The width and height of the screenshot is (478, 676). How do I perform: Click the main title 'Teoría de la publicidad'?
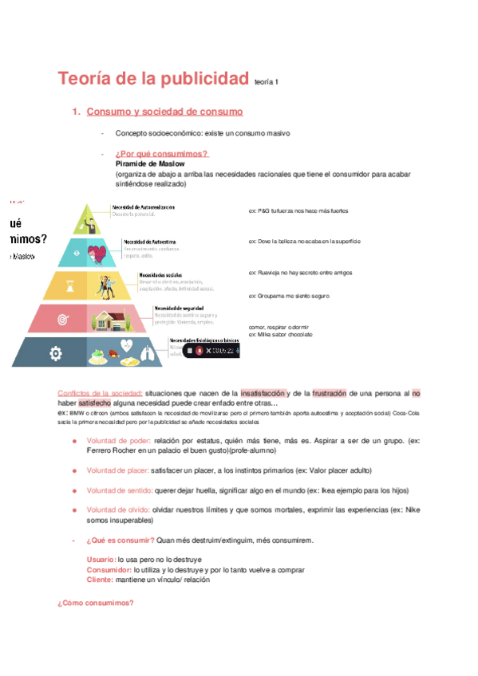[x=153, y=79]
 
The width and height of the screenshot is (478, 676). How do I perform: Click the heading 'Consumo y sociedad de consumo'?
[x=164, y=112]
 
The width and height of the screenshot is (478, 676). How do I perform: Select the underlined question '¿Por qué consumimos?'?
[x=161, y=154]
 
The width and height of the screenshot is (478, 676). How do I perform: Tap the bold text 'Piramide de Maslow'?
[x=150, y=163]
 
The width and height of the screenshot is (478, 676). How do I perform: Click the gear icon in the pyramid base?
[x=55, y=352]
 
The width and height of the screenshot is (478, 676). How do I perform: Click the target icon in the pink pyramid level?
[x=63, y=320]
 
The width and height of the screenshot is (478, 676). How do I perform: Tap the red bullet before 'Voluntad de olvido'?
[x=74, y=509]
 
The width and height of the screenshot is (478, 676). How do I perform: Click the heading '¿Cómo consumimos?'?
[x=95, y=603]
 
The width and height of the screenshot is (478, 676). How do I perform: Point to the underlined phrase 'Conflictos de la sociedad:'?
[x=101, y=393]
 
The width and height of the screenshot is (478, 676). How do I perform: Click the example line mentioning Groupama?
[x=289, y=296]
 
